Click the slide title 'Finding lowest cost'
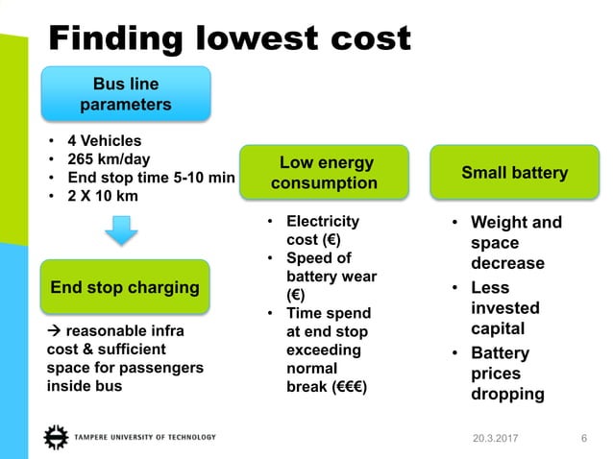(x=230, y=37)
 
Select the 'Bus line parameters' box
(x=125, y=93)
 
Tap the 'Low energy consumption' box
(x=324, y=173)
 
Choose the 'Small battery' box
(x=514, y=173)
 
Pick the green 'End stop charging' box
(x=125, y=286)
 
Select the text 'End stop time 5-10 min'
(x=149, y=176)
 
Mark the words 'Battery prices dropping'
(x=507, y=374)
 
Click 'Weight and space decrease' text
(x=515, y=243)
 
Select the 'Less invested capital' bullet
(x=505, y=308)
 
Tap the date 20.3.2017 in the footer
(x=494, y=439)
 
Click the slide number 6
(x=584, y=439)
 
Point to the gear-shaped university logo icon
(x=56, y=437)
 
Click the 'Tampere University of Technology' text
(x=145, y=438)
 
